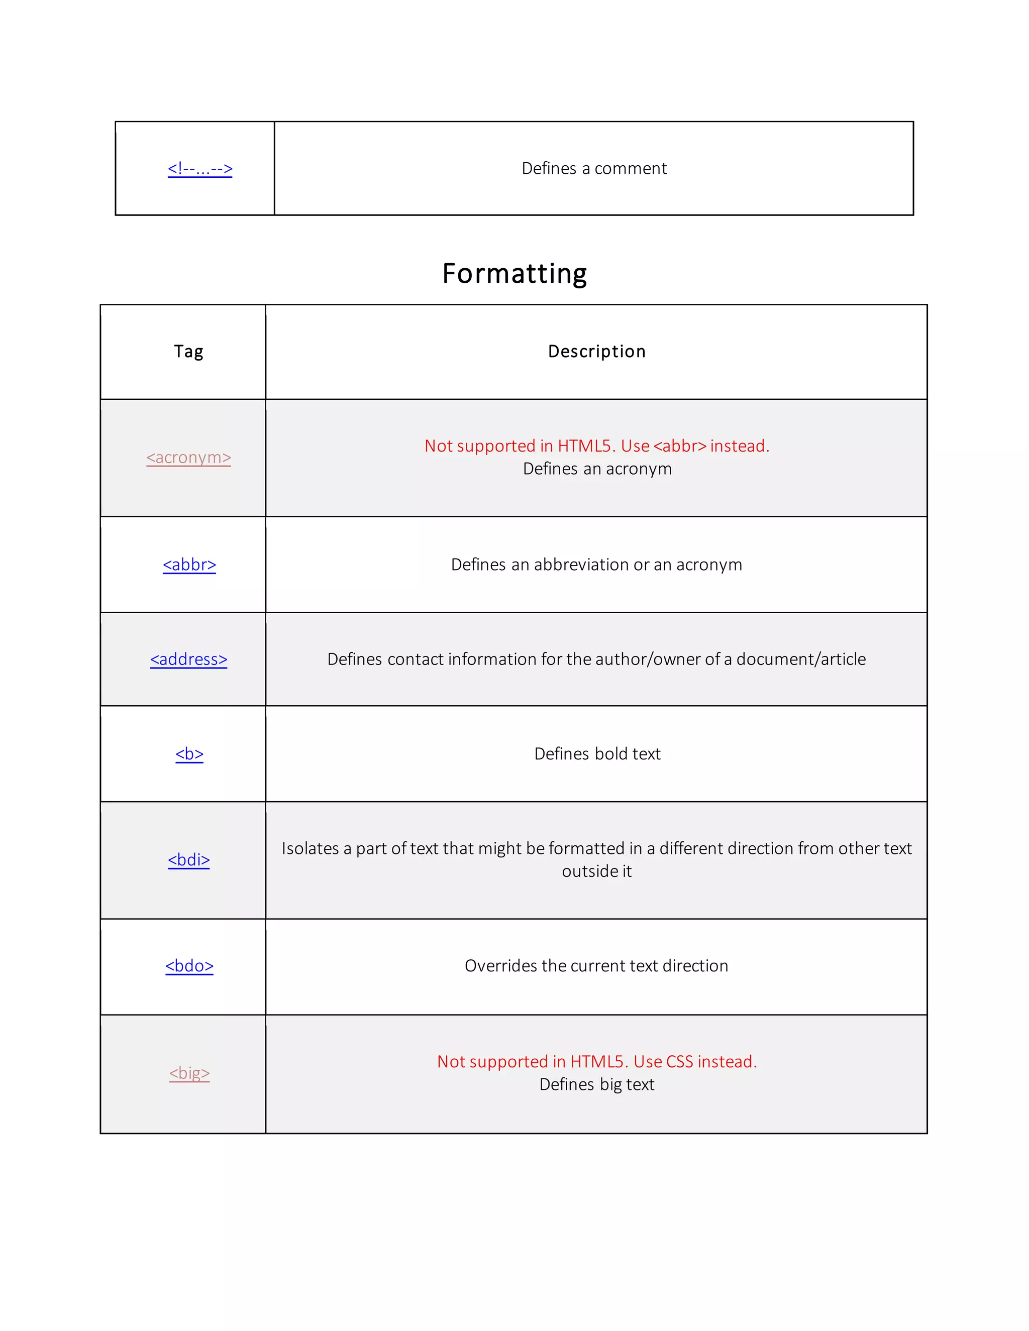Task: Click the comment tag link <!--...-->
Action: click(200, 168)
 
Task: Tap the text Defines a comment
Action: click(594, 168)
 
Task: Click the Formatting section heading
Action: click(514, 274)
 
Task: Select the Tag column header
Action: click(188, 352)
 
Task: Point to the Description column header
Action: click(596, 352)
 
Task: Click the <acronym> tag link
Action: click(188, 457)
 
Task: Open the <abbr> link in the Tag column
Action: click(189, 565)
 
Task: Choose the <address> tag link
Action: click(188, 659)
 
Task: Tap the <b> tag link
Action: click(189, 754)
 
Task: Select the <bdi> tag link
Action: click(188, 860)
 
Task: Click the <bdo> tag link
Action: click(189, 966)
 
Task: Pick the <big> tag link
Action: click(189, 1073)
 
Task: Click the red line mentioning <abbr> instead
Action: click(597, 446)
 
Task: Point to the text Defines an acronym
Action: click(597, 469)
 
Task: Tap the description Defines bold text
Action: click(597, 754)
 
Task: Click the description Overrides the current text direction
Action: click(596, 966)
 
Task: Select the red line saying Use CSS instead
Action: click(597, 1062)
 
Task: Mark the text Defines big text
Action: click(597, 1084)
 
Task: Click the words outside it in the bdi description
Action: click(597, 871)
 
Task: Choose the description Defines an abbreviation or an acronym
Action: click(596, 565)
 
